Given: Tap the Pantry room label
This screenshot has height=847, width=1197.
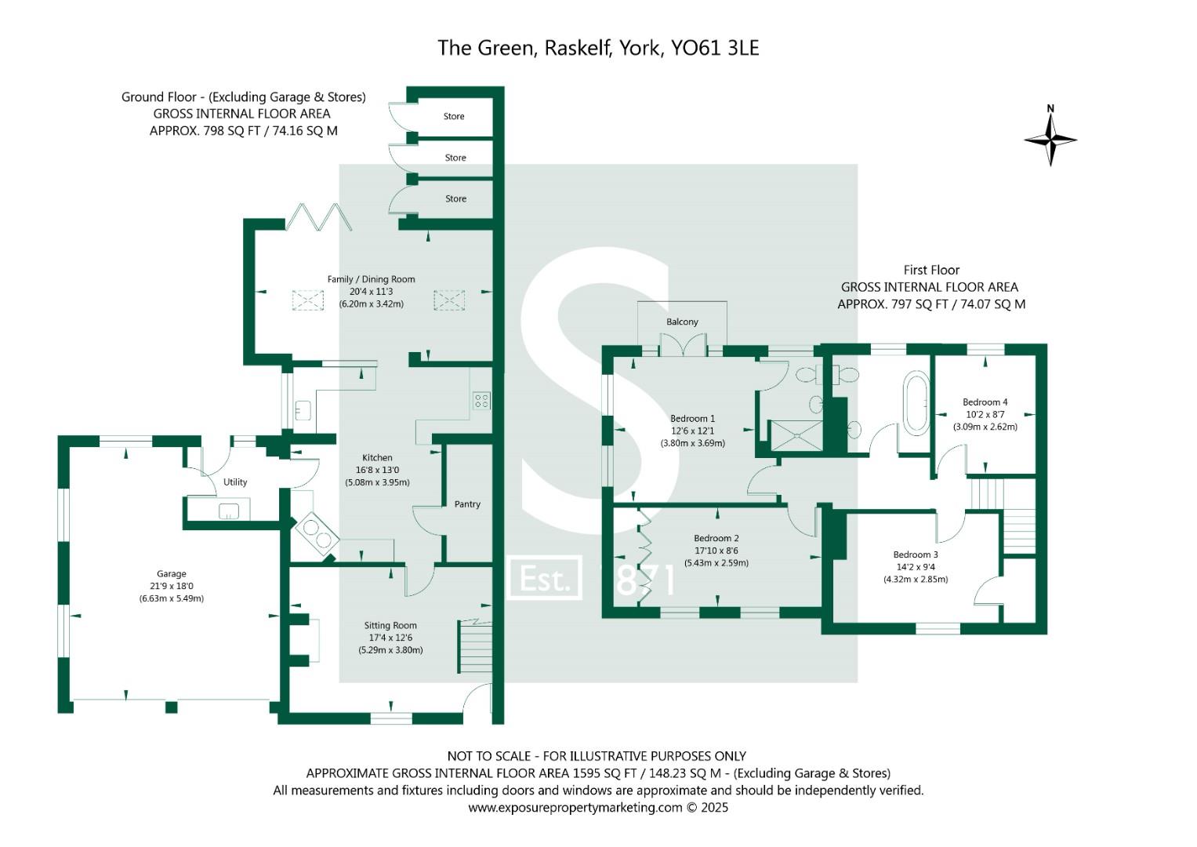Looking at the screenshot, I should (x=467, y=504).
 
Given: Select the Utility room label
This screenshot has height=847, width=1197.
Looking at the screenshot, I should (x=235, y=482).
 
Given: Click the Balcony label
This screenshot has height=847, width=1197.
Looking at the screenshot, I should (x=682, y=322).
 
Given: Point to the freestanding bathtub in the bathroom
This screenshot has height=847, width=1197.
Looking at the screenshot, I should (x=915, y=402).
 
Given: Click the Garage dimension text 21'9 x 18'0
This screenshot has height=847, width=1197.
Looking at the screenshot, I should (x=171, y=586).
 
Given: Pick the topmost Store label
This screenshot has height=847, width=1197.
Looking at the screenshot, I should (x=454, y=117).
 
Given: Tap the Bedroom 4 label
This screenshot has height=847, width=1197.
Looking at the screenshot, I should (x=985, y=402).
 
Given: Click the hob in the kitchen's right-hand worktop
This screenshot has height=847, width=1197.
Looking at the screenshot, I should (x=481, y=402).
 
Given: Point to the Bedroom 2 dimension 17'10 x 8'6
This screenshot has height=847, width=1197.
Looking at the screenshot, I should (x=716, y=551).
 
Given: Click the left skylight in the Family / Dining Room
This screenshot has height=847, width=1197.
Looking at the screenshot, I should (x=307, y=300).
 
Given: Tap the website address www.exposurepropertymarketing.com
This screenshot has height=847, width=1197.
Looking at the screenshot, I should (x=575, y=808).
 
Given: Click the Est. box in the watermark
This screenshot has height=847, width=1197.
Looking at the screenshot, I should (x=545, y=579).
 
